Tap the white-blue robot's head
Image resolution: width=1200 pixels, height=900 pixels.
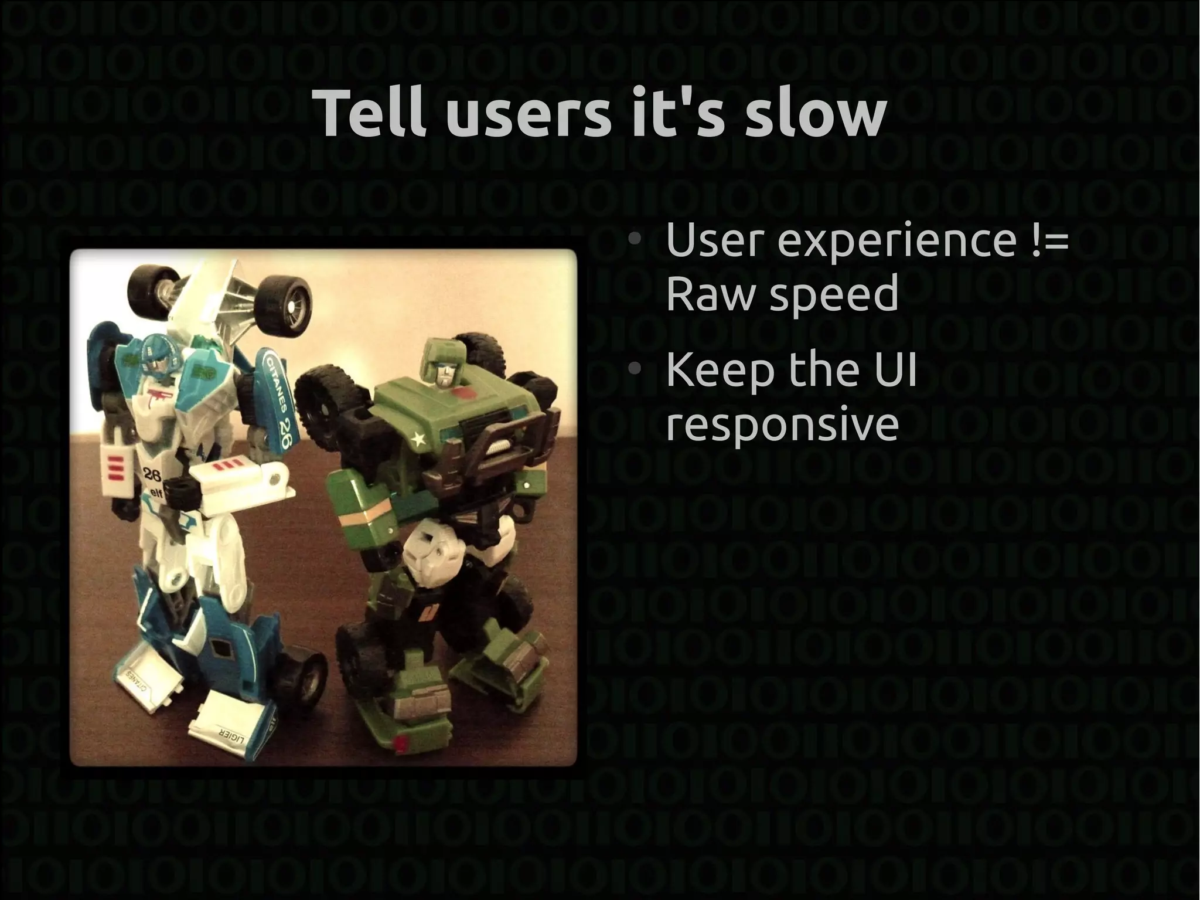(x=154, y=355)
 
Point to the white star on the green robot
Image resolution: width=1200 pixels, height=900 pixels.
(x=418, y=438)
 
